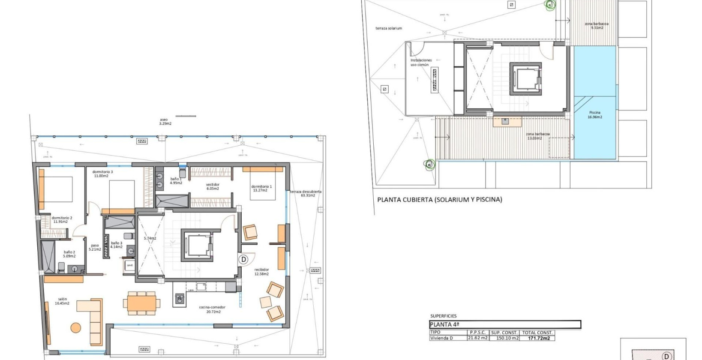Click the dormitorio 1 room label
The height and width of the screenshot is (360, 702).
pyautogui.click(x=261, y=188)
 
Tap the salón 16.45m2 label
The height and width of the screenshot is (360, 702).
pyautogui.click(x=62, y=301)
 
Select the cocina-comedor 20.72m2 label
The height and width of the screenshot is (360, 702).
pyautogui.click(x=212, y=309)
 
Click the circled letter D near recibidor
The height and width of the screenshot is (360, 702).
pyautogui.click(x=243, y=259)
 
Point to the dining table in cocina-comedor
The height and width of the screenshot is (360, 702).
pyautogui.click(x=141, y=303)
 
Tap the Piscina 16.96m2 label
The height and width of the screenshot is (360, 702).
pyautogui.click(x=595, y=114)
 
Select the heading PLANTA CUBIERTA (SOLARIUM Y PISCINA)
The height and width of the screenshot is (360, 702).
pyautogui.click(x=439, y=199)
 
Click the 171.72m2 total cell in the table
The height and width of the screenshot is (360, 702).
pyautogui.click(x=539, y=338)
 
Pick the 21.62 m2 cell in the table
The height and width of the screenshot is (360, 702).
pyautogui.click(x=478, y=338)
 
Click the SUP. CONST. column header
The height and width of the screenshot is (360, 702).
pyautogui.click(x=504, y=333)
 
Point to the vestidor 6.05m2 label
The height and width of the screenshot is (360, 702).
pyautogui.click(x=213, y=186)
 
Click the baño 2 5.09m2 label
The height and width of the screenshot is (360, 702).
pyautogui.click(x=69, y=254)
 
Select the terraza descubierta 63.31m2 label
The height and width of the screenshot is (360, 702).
pyautogui.click(x=306, y=193)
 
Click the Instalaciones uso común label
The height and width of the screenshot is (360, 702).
pyautogui.click(x=421, y=63)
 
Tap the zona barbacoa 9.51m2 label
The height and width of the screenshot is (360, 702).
pyautogui.click(x=597, y=26)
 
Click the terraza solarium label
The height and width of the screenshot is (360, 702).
pyautogui.click(x=389, y=28)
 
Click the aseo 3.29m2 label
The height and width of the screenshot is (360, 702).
pyautogui.click(x=165, y=121)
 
